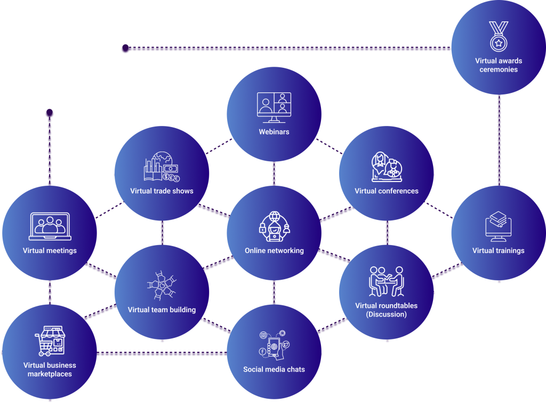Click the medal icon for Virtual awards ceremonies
(x=499, y=36)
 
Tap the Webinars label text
(x=274, y=131)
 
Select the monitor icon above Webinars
(x=274, y=105)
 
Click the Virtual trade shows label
(x=162, y=191)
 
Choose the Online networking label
(x=274, y=250)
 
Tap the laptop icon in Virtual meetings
(x=50, y=226)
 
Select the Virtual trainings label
(x=499, y=250)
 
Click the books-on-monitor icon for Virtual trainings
(x=499, y=227)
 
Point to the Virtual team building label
(x=162, y=310)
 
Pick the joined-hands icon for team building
(x=162, y=286)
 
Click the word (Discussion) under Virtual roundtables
(x=387, y=314)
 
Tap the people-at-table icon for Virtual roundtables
(x=387, y=281)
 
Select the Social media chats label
(x=274, y=369)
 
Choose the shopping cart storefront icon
(x=50, y=341)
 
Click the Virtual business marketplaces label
(x=50, y=369)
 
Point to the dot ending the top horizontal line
(x=125, y=49)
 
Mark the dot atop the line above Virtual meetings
(x=50, y=113)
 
